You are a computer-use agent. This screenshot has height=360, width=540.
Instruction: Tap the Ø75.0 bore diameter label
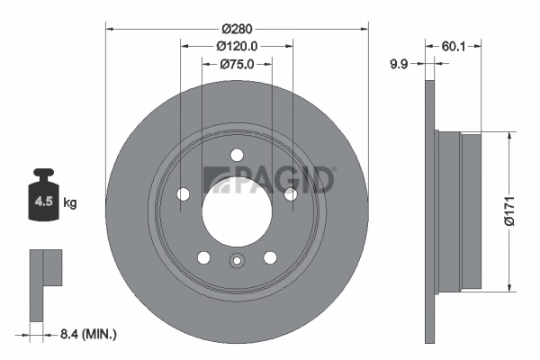237,64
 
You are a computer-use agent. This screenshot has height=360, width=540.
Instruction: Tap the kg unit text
71,203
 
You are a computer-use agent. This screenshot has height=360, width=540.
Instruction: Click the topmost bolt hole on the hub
237,154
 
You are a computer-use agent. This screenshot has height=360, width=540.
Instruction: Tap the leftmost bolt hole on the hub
183,194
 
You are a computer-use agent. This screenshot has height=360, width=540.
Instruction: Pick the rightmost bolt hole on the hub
291,194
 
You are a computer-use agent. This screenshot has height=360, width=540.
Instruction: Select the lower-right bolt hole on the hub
270,257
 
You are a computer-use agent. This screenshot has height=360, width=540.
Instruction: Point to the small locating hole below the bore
237,263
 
